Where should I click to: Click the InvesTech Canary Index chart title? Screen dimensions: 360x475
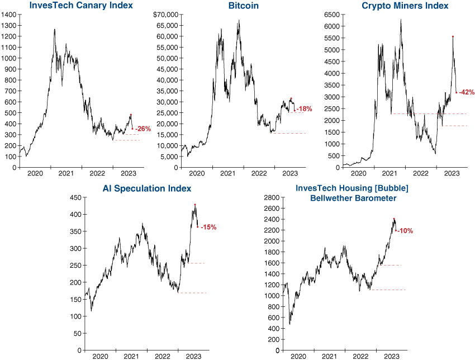click(74, 6)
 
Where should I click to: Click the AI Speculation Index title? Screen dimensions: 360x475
click(147, 188)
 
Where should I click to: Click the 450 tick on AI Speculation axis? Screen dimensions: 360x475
click(77, 197)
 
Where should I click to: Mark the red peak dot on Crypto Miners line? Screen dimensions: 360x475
click(453, 37)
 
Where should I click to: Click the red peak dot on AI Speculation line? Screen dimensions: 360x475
click(195, 205)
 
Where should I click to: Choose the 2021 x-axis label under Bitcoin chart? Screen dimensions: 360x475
click(227, 174)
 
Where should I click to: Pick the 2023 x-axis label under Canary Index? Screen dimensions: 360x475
click(128, 174)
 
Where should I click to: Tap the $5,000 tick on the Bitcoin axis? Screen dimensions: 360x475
click(168, 157)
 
